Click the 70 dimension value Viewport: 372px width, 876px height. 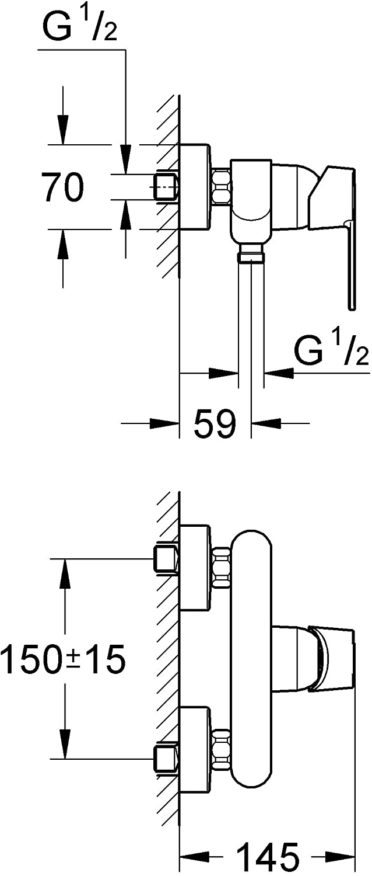pos(62,187)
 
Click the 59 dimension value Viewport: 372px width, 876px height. pos(215,423)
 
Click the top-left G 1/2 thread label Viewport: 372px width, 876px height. pos(80,26)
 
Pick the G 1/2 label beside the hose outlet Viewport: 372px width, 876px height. pos(331,350)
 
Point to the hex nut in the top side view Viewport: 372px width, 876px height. pos(222,186)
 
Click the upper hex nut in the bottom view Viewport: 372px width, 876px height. pos(222,567)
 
